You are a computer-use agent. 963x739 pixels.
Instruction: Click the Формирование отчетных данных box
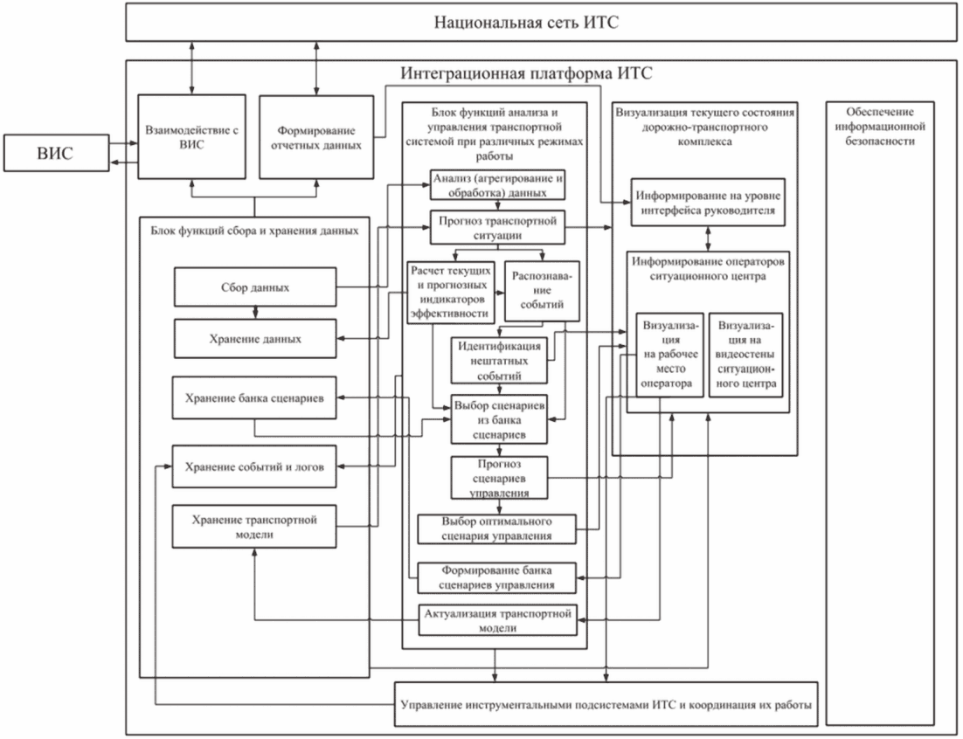312,137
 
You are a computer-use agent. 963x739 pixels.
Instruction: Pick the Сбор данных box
255,287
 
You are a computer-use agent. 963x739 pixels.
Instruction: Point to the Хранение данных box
255,339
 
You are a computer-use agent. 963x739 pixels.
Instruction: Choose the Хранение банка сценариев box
255,399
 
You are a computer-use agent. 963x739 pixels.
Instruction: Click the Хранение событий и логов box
255,466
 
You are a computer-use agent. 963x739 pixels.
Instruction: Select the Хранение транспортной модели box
255,527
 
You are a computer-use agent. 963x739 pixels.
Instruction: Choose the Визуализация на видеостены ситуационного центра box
745,355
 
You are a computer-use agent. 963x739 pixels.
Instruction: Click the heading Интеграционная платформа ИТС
526,73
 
